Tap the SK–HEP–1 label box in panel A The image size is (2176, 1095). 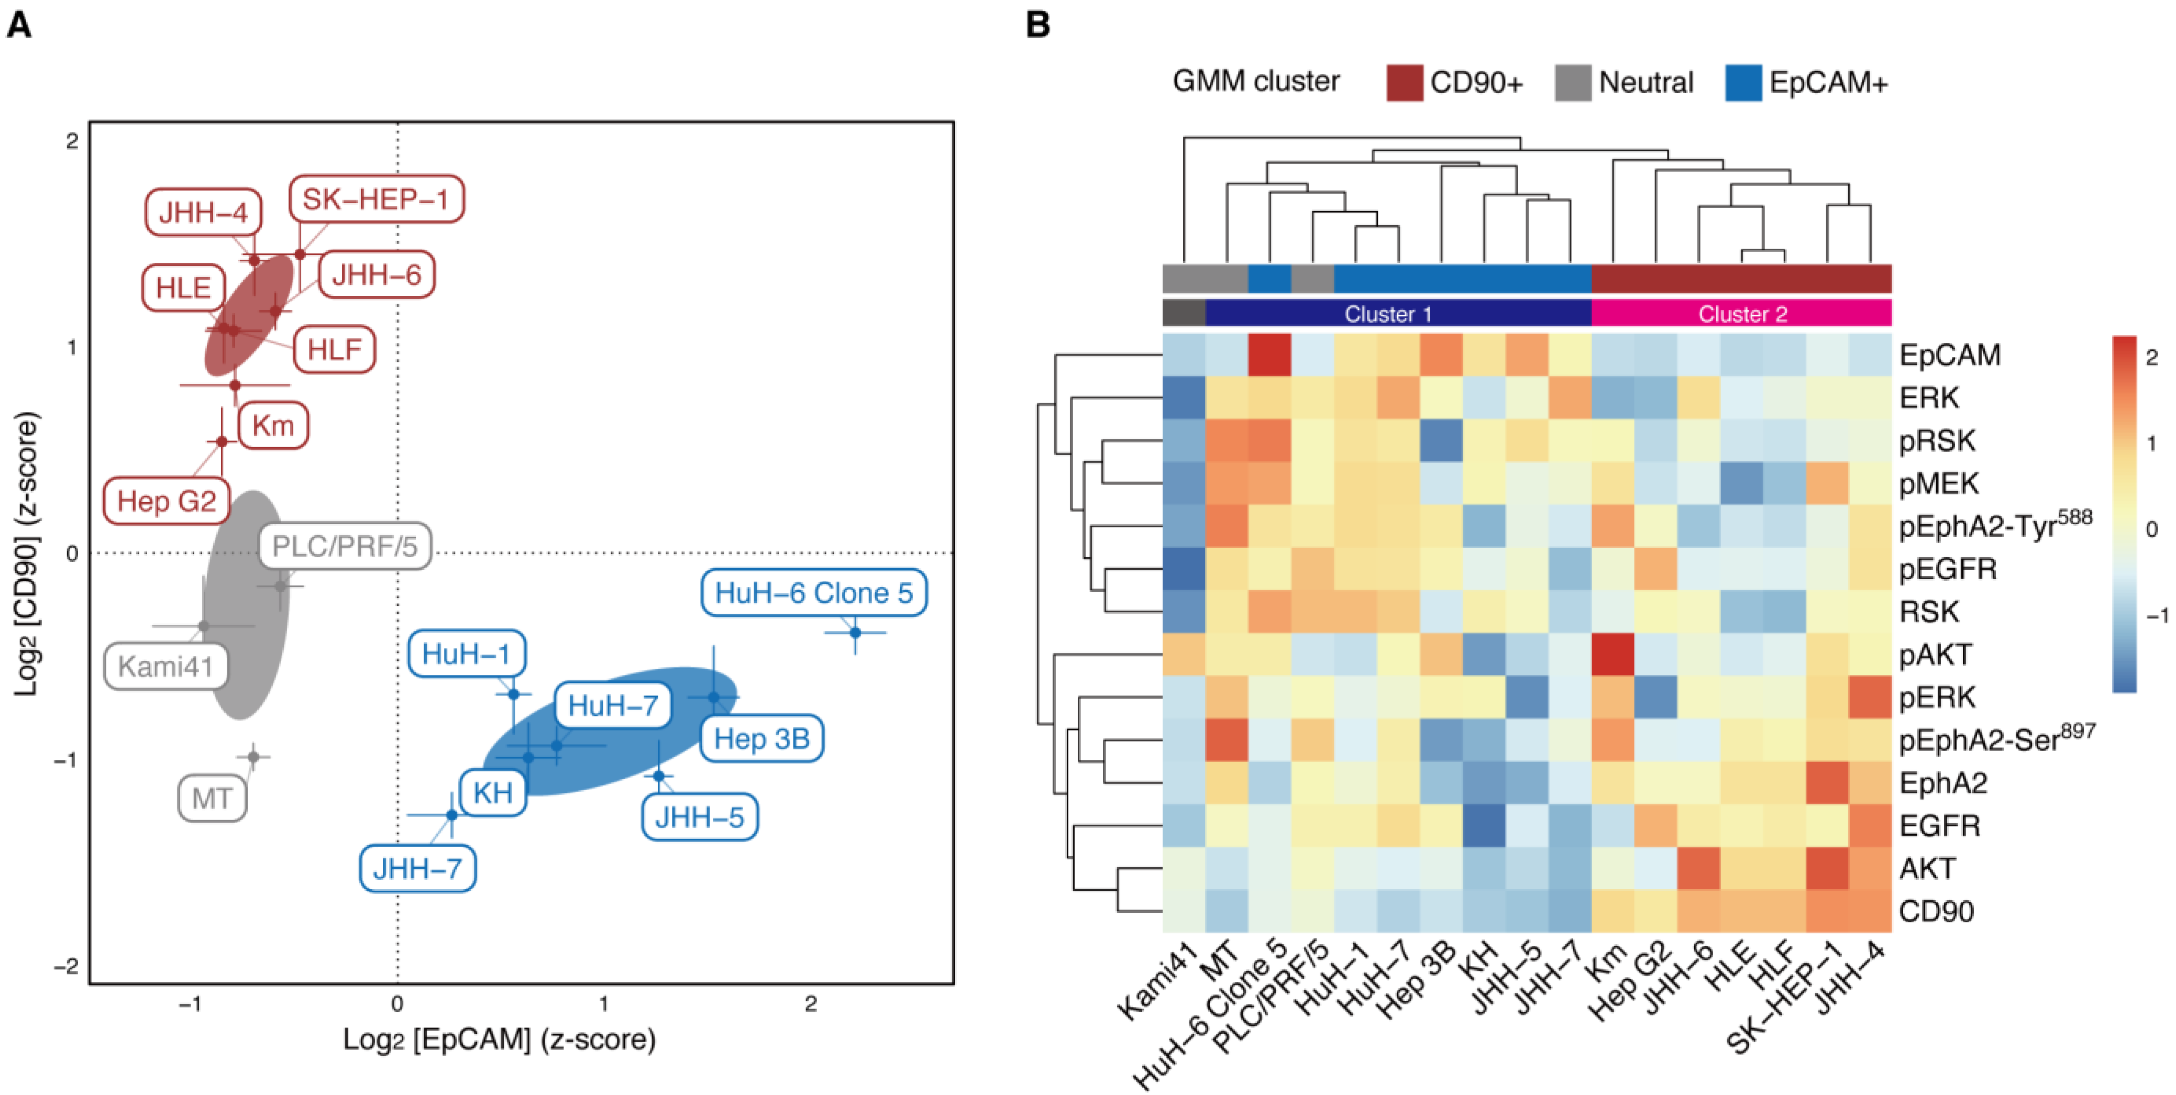[376, 200]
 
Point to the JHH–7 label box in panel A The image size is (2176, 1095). [417, 869]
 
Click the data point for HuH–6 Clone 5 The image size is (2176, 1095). [855, 632]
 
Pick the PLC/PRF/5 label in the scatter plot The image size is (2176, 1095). [345, 547]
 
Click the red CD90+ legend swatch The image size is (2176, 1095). [1404, 83]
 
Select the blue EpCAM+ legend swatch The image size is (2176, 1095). [1743, 83]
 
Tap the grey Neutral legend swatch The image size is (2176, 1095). [1573, 83]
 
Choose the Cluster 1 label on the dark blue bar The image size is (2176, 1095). [1388, 314]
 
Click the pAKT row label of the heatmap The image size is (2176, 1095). [1935, 655]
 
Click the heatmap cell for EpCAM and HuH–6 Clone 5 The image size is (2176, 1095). [1269, 355]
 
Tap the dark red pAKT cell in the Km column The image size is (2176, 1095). [1612, 655]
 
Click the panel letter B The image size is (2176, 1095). [1038, 25]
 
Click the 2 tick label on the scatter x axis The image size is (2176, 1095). [811, 1004]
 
